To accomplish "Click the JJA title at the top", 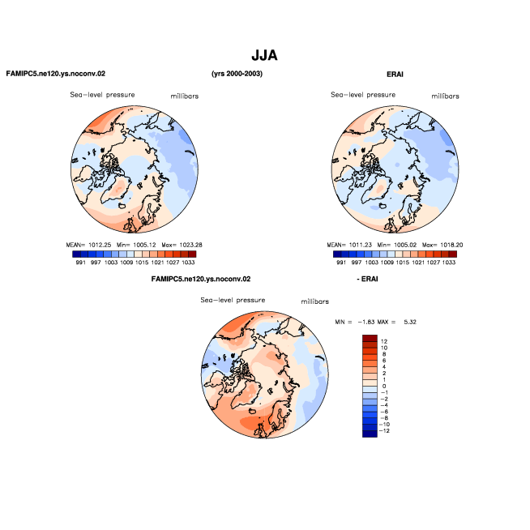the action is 264,55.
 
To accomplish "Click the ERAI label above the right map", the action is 395,75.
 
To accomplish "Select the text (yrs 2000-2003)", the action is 237,74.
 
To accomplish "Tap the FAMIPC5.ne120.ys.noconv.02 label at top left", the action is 56,74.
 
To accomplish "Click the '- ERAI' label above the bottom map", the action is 367,279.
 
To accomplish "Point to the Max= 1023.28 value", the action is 182,245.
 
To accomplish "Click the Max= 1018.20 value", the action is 442,245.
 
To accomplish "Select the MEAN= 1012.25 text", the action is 88,245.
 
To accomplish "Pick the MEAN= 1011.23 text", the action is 349,245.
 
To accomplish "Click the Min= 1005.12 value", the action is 136,245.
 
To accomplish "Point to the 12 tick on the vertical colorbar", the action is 384,341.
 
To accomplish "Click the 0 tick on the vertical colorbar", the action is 384,386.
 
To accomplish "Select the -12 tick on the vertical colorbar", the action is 384,430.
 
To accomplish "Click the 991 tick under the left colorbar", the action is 80,263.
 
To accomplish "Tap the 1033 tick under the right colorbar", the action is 449,263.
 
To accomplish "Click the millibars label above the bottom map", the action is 315,301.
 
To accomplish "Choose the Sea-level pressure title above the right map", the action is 363,95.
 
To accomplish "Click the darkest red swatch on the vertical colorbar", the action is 370,338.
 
